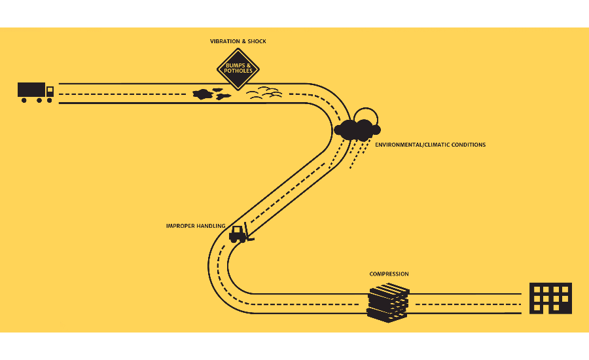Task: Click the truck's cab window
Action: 50,91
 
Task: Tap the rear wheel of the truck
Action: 24,100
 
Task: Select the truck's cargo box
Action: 31,90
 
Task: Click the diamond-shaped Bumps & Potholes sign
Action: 238,69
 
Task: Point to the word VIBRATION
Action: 225,41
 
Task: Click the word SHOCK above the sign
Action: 258,41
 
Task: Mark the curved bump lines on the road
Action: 264,93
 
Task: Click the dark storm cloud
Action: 355,129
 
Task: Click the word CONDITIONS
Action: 470,145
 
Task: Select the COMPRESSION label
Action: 389,274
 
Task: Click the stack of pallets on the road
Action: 387,303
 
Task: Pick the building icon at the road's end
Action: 550,298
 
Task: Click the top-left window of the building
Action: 536,289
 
